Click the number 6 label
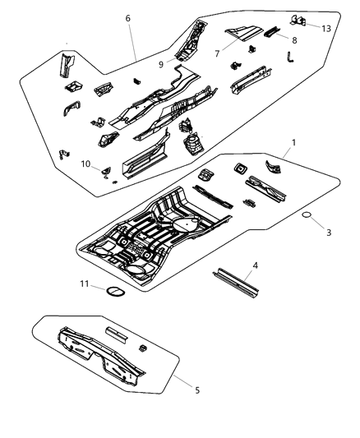tap(127, 18)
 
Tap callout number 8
tap(295, 38)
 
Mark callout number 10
tap(85, 164)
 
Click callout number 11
tap(84, 284)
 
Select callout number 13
tap(326, 28)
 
